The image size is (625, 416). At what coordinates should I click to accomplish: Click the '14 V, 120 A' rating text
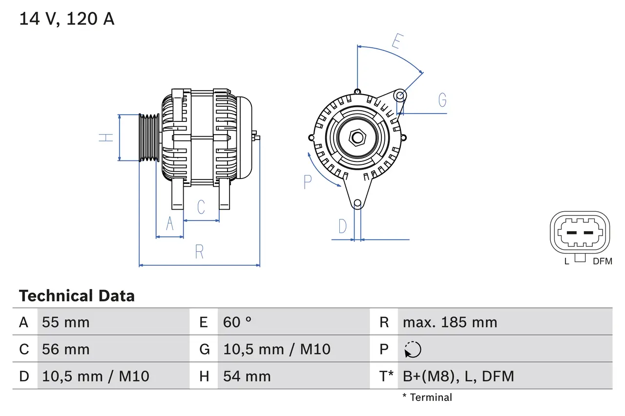click(66, 19)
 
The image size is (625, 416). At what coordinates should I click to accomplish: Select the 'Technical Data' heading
click(77, 296)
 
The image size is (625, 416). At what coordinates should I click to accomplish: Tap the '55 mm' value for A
click(66, 322)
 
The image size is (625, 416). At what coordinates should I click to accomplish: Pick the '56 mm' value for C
click(66, 349)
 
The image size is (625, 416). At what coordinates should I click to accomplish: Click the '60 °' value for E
click(237, 322)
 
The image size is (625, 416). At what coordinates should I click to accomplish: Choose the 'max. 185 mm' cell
click(450, 322)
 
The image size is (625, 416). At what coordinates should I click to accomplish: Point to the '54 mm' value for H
click(247, 376)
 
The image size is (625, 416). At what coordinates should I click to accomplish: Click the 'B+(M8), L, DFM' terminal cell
click(458, 376)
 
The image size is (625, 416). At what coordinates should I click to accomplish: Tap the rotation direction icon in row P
click(413, 350)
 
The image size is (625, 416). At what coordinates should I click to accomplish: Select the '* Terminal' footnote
click(427, 397)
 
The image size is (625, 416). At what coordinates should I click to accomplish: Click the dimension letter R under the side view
click(199, 252)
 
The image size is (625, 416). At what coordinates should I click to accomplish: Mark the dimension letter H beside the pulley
click(106, 138)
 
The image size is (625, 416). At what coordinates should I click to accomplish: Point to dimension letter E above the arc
click(396, 42)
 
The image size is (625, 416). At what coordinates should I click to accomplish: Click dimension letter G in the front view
click(442, 100)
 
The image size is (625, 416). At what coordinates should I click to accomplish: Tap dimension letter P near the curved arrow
click(307, 182)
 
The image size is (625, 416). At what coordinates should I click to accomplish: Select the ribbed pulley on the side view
click(149, 138)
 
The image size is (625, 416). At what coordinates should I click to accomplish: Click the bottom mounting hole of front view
click(357, 203)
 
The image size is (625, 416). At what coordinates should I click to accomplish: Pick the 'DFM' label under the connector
click(602, 261)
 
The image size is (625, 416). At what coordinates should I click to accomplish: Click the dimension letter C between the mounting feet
click(201, 207)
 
